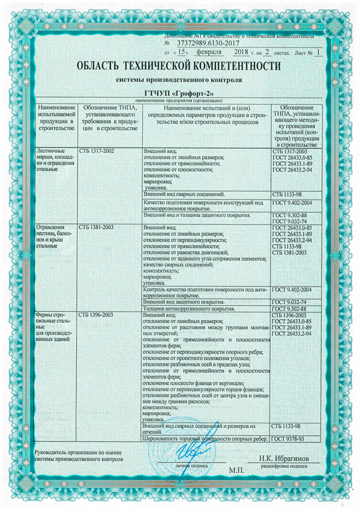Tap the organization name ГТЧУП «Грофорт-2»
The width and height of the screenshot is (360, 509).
click(179, 93)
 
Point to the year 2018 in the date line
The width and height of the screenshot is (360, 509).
click(244, 52)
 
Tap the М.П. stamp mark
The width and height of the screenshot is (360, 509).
click(237, 471)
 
